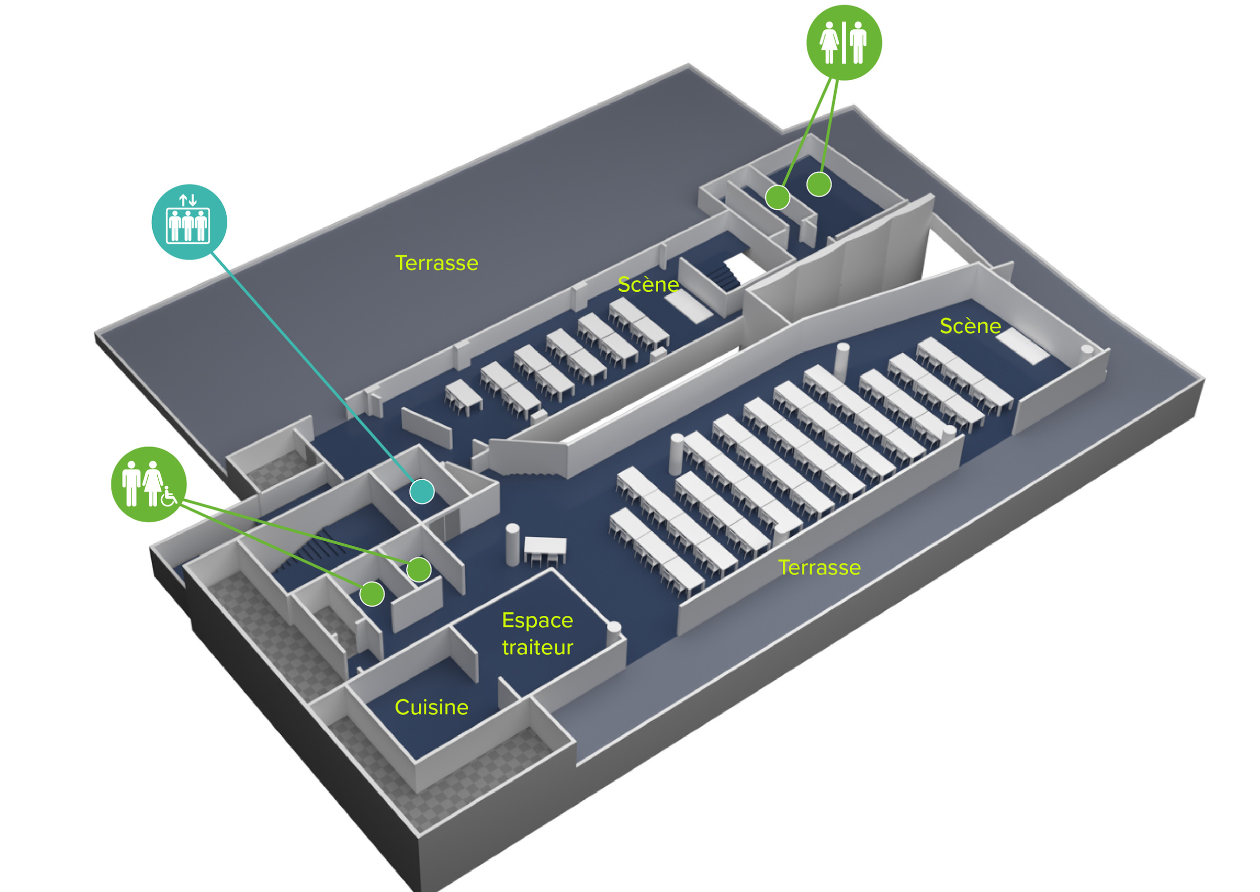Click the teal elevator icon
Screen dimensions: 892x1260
tap(189, 222)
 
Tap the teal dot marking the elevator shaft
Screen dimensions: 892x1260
tap(422, 491)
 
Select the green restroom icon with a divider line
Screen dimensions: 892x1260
tap(844, 43)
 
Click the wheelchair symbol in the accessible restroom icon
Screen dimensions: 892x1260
tap(169, 496)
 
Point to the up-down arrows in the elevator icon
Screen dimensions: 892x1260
tap(188, 200)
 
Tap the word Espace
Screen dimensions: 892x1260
tap(537, 621)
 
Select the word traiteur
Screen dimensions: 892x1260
tap(537, 648)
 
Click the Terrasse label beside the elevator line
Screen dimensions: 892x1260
tap(436, 263)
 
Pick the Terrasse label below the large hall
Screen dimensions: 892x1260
tap(819, 567)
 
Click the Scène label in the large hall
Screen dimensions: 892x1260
tap(970, 326)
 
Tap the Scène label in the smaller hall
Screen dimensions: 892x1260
tap(648, 285)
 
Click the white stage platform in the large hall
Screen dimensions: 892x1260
tap(1022, 346)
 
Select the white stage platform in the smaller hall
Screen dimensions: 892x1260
tap(689, 306)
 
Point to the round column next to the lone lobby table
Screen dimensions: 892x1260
tap(512, 544)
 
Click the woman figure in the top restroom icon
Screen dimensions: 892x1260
tap(829, 43)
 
